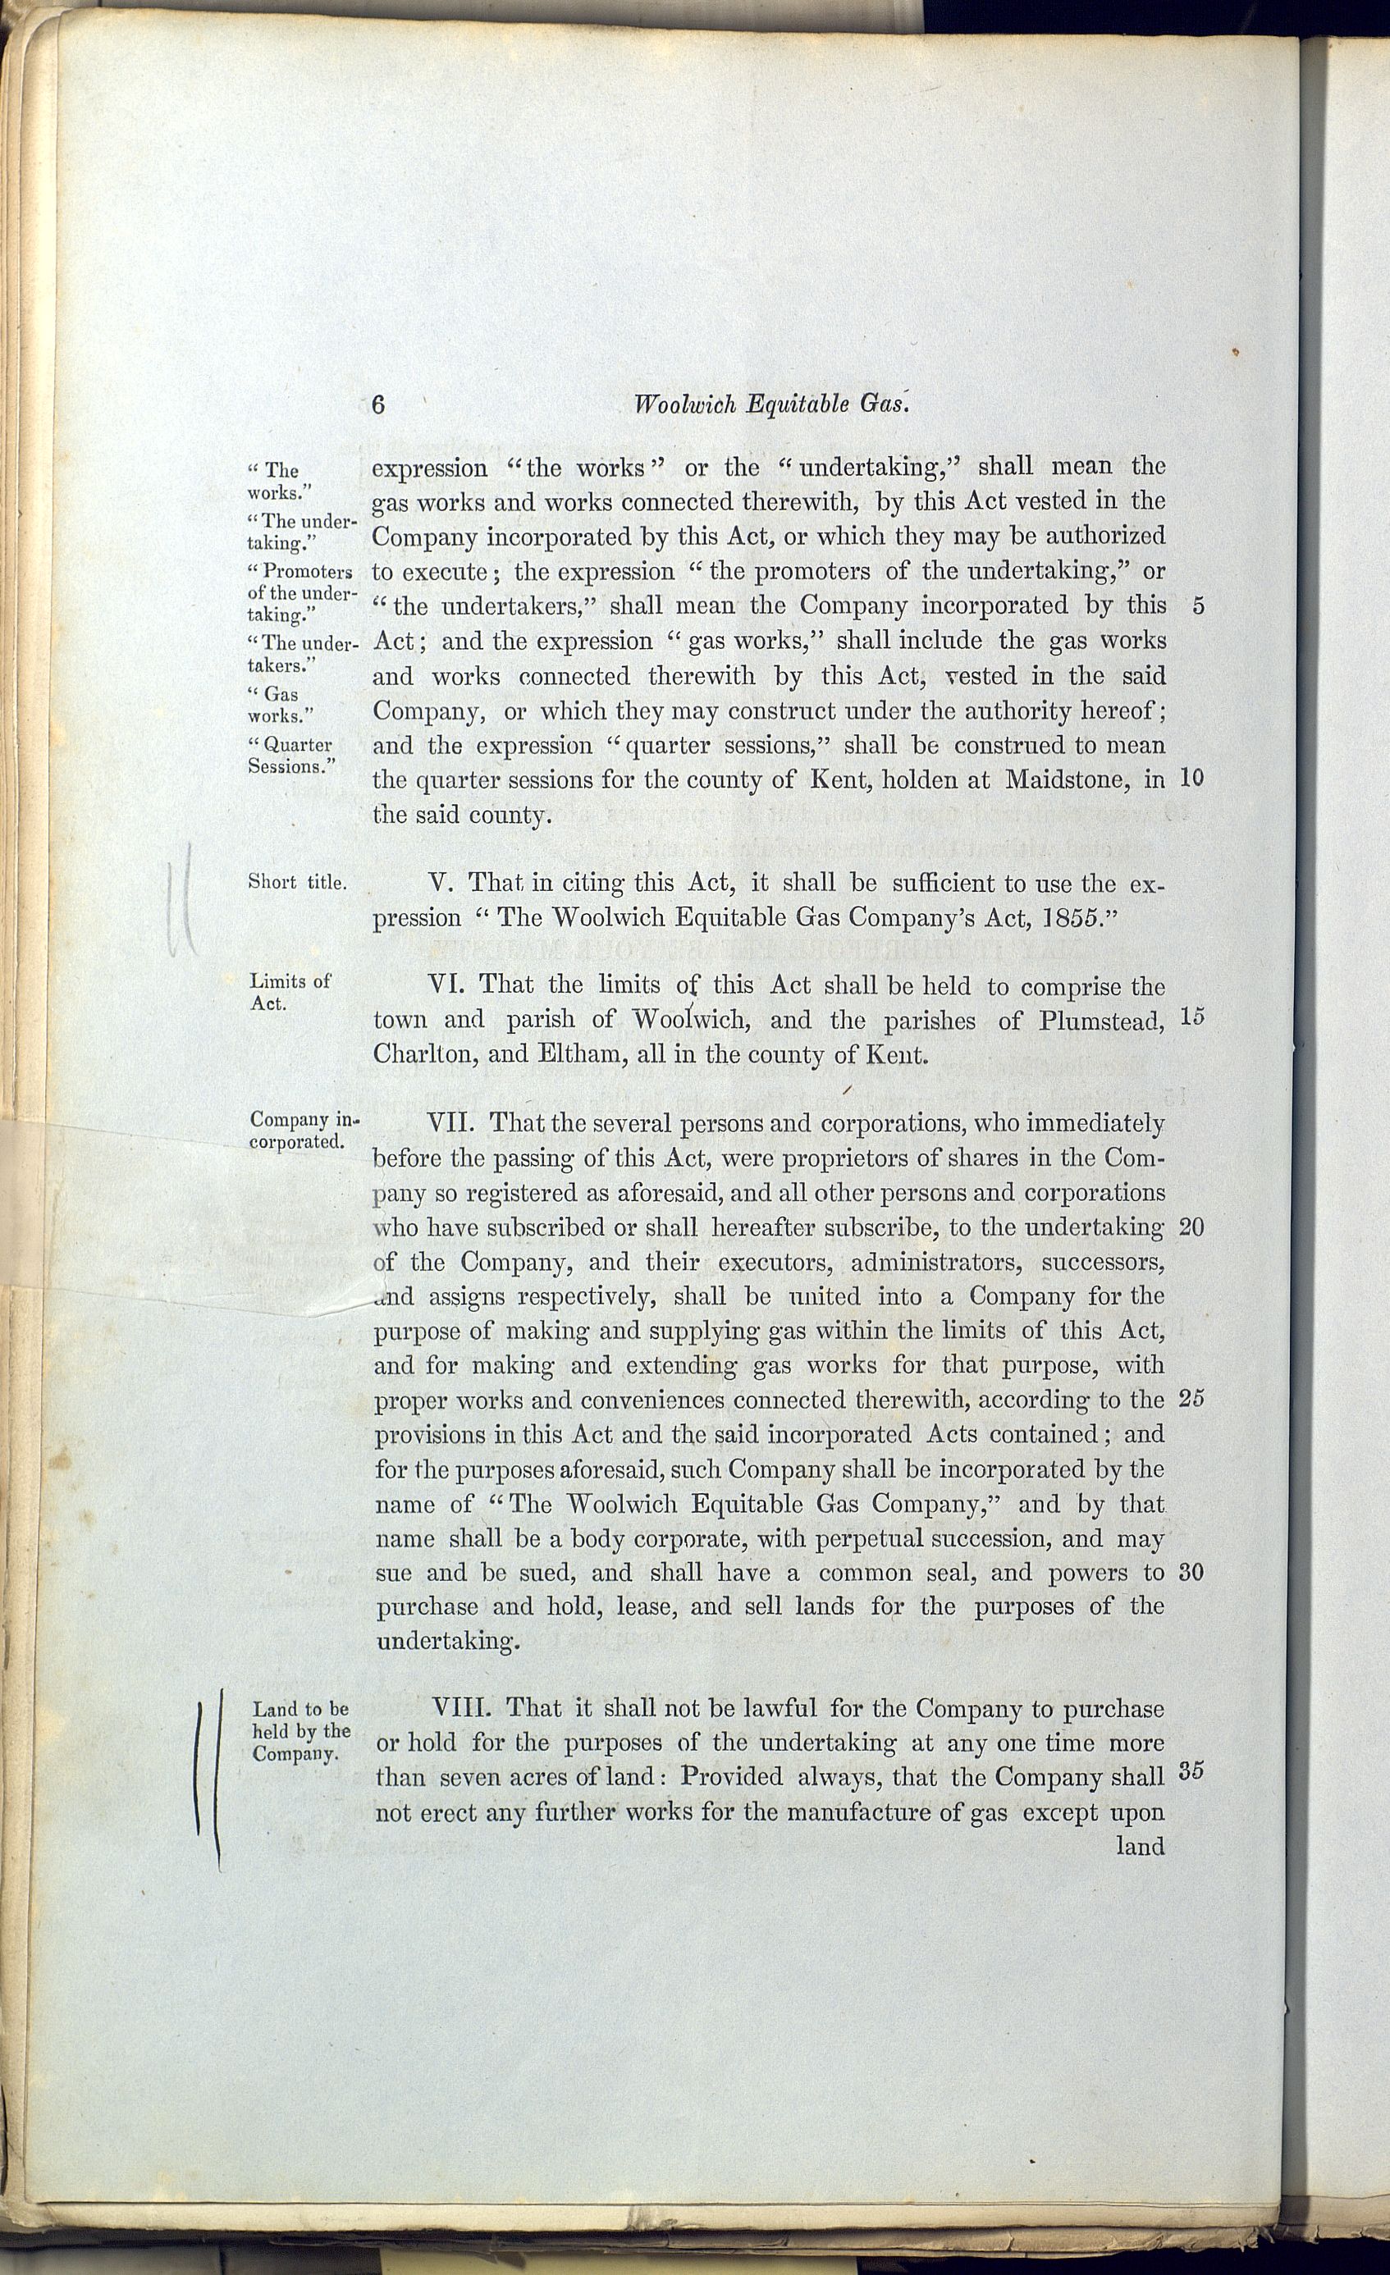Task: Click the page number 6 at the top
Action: tap(377, 404)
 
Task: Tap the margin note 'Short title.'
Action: tap(297, 882)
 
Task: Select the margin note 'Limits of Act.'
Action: tap(290, 993)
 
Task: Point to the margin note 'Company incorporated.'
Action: tap(303, 1130)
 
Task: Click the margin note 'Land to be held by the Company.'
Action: tap(301, 1731)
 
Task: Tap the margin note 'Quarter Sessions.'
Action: tap(291, 756)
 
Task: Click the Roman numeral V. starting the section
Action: tap(439, 883)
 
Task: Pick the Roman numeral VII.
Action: tap(451, 1124)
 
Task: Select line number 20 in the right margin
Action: tap(1191, 1227)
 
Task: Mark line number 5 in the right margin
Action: tap(1198, 606)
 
